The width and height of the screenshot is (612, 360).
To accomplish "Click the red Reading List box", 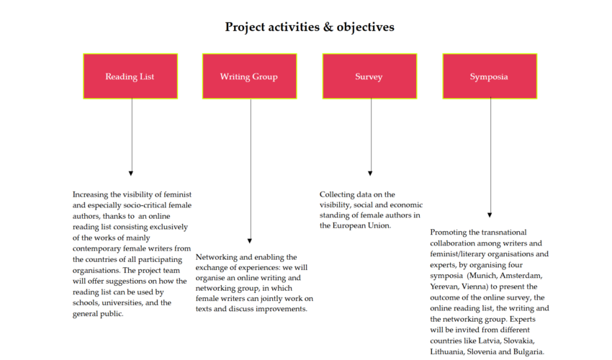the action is pos(130,76).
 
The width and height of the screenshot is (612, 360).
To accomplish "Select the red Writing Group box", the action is pos(249,76).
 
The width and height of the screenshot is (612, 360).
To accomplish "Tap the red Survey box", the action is pos(369,76).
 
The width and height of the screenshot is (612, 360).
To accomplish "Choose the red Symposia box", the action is pos(490,76).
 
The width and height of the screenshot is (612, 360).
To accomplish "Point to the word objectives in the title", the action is pos(365,27).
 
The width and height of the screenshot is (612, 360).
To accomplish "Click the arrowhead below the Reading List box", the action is pos(131,174).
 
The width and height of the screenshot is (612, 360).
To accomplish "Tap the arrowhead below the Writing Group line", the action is pos(250,241).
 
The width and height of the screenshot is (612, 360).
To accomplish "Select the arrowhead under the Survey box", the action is pos(370,174).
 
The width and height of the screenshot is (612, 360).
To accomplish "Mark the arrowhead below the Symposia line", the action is pos(490,215).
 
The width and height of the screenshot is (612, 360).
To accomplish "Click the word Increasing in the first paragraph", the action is pos(90,194).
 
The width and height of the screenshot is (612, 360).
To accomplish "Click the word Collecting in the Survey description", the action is pos(338,194).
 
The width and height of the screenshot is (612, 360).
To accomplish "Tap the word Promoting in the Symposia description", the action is pos(447,233).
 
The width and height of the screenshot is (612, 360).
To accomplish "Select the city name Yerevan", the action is pos(444,287).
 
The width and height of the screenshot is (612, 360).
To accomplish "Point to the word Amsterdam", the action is pos(521,276).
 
